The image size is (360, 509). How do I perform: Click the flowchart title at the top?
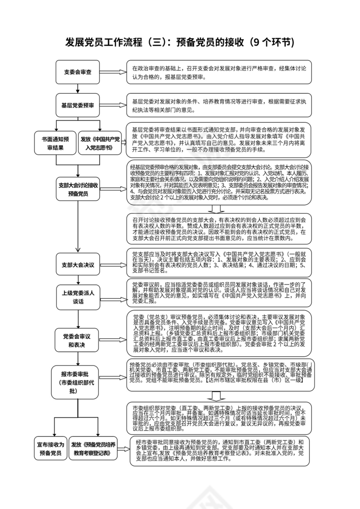[x=180, y=42]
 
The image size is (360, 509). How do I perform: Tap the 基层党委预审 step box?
[x=78, y=105]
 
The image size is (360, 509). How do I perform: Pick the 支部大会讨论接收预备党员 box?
[x=78, y=189]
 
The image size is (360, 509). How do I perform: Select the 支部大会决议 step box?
[x=78, y=264]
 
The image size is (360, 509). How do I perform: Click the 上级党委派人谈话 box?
[x=78, y=297]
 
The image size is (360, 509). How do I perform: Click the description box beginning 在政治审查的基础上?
[x=219, y=72]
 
